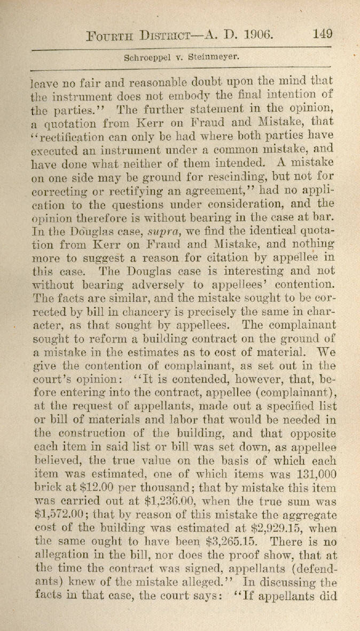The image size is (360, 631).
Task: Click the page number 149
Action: [x=324, y=34]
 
